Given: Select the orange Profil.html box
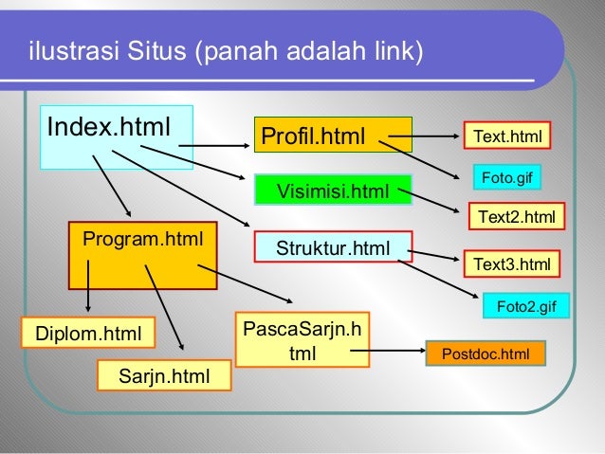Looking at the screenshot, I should click(x=332, y=136).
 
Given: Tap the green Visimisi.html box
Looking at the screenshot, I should click(x=332, y=192).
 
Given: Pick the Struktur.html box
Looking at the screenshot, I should click(x=332, y=248).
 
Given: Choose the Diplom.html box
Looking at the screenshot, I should click(x=88, y=334).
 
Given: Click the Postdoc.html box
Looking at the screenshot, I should click(x=486, y=354).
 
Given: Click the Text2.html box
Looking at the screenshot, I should click(x=516, y=217).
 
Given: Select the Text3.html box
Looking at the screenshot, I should click(x=511, y=263).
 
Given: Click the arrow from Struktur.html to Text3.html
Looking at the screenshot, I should click(x=436, y=255).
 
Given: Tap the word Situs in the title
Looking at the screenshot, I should click(x=156, y=48).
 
